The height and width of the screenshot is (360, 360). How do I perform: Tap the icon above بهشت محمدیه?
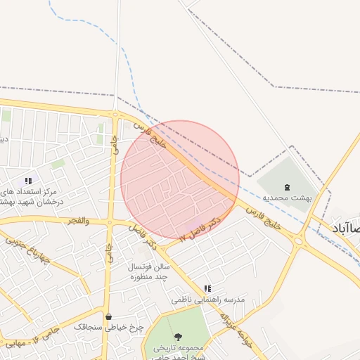pos(286,187)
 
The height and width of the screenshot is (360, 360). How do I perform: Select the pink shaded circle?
pos(180,179)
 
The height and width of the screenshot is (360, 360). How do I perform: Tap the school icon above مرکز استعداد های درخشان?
pos(28,181)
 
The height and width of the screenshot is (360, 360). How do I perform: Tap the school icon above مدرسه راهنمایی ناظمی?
pos(207,288)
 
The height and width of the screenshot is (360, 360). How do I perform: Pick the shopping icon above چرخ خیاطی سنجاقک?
pos(108,316)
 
